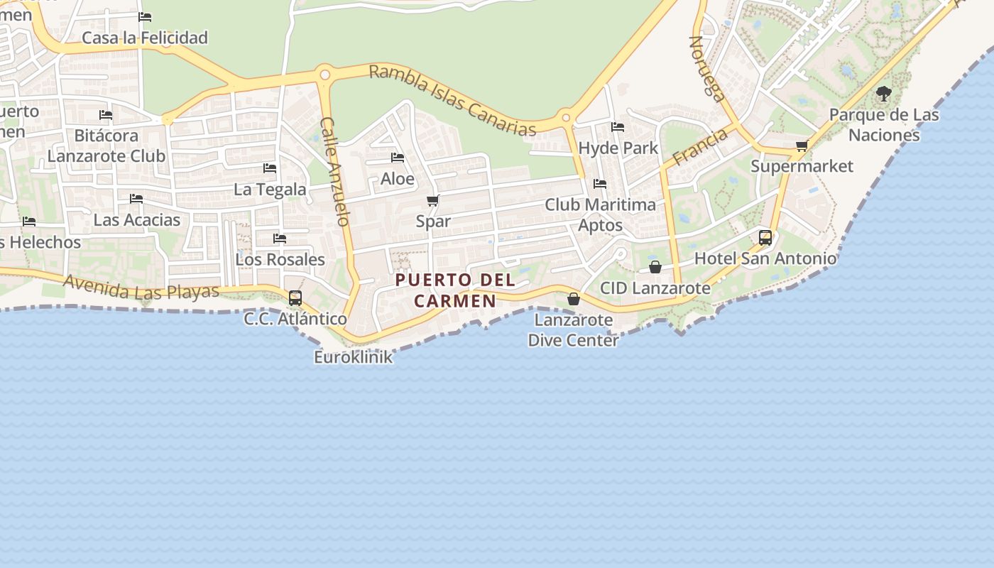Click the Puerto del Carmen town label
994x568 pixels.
tap(455, 290)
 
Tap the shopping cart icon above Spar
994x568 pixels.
tap(432, 201)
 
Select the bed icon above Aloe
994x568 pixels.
tap(398, 158)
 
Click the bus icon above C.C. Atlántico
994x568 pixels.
tap(295, 298)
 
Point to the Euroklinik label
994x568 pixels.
tap(353, 356)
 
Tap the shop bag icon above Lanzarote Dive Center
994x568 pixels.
tap(574, 299)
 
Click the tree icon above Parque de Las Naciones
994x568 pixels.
tap(883, 94)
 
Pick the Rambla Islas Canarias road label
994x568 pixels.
tap(452, 100)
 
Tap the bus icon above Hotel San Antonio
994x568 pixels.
tap(765, 238)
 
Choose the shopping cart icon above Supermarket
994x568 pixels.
tap(802, 146)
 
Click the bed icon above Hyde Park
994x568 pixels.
tap(618, 127)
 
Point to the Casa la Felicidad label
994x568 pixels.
tap(145, 38)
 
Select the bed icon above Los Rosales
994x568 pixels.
tap(280, 239)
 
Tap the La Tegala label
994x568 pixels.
tap(270, 190)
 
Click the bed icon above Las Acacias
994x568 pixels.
tap(136, 199)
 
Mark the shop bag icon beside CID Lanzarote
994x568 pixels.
tap(655, 267)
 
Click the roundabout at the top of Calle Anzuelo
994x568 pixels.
tap(325, 73)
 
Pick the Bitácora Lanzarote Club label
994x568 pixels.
tap(106, 146)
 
